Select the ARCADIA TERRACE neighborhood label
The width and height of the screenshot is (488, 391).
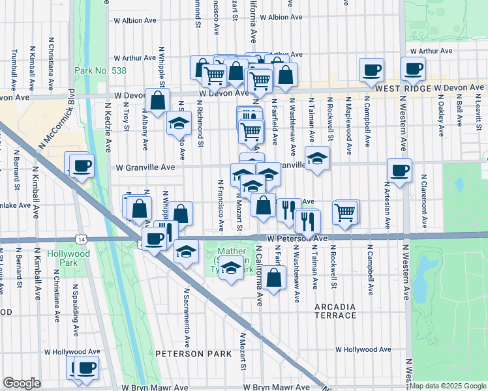point(335,311)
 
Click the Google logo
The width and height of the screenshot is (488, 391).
point(22,383)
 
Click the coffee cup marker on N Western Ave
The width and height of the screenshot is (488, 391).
point(399,170)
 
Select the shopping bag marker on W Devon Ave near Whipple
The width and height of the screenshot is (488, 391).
point(157,100)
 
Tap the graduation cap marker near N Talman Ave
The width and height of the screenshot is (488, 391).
point(316,158)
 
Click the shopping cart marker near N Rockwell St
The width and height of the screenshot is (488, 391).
point(345,211)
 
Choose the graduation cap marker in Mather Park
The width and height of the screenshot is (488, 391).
point(230,267)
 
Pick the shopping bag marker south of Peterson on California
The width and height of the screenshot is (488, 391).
point(275,277)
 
